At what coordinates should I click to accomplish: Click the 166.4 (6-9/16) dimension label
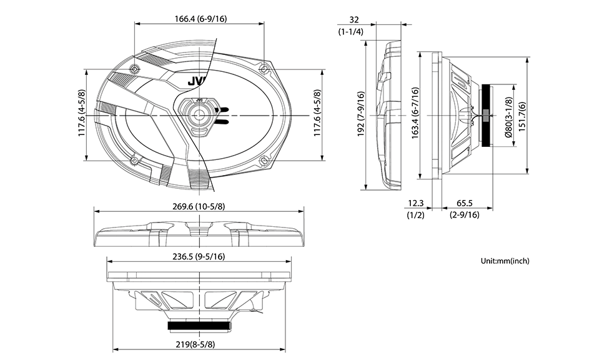(x=200, y=19)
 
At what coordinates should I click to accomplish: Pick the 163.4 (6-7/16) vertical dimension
(x=415, y=115)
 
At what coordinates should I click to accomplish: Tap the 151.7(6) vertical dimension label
(x=522, y=115)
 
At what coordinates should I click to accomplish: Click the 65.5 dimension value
(x=463, y=203)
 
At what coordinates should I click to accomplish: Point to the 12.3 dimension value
(x=415, y=203)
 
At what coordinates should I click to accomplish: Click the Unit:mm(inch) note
(x=505, y=261)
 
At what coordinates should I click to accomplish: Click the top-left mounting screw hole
(x=135, y=68)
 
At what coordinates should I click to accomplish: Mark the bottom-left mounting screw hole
(x=135, y=161)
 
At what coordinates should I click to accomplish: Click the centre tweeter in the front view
(x=200, y=115)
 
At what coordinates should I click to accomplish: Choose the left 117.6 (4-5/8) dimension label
(x=82, y=115)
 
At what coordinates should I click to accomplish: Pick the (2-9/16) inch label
(x=464, y=215)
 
